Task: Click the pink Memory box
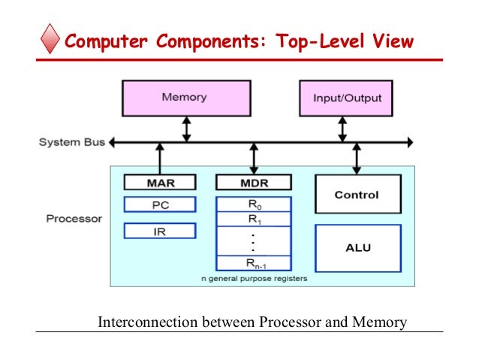coord(184,98)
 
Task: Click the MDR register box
coord(253,182)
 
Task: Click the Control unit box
coord(356,195)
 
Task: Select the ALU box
coord(356,247)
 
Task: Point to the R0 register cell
coord(253,204)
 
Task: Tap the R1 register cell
coord(253,219)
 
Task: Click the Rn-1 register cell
coord(253,263)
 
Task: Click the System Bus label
coord(72,142)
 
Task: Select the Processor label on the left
coord(74,219)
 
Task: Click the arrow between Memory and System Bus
coord(187,129)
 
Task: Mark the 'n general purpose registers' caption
coord(253,279)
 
